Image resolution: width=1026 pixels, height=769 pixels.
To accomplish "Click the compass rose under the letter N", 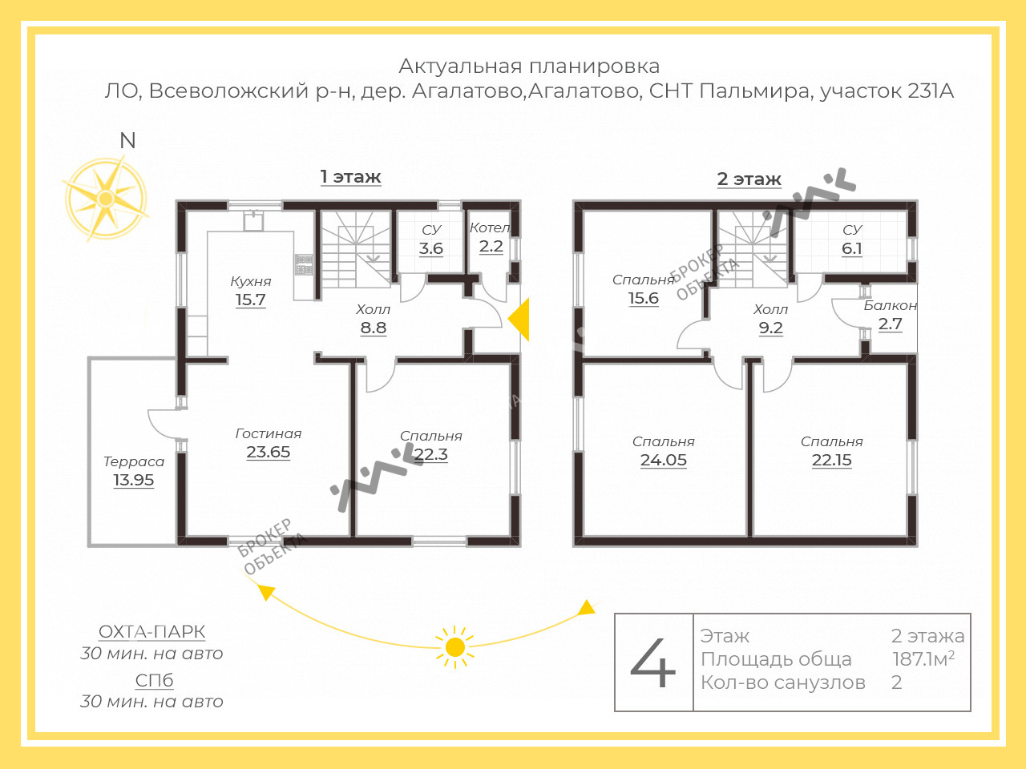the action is coord(106,199).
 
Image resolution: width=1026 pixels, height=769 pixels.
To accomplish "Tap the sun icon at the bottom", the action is coord(454,647).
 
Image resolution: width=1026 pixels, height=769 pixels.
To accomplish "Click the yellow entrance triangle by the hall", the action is coord(519,320).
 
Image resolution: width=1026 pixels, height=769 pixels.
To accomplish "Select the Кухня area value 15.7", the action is coord(251,300).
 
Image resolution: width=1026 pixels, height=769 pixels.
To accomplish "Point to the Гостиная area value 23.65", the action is coord(269,452).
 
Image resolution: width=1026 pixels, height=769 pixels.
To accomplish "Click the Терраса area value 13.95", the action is coord(134,480).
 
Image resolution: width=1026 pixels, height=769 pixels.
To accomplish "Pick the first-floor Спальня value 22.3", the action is coord(431,454).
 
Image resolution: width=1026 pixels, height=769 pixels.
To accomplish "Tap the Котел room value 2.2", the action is coord(491,246).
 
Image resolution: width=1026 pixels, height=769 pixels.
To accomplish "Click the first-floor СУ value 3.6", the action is coord(431,248).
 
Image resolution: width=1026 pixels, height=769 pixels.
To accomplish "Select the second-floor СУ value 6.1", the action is coord(851,248).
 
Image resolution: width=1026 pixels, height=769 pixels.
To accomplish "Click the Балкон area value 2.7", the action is coord(890,324).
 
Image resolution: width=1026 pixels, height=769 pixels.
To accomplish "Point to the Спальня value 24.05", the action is coord(663,460).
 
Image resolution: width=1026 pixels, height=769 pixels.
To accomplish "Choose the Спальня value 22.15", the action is coord(831,460).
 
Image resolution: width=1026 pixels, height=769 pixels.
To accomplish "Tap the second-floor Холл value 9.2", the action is coord(770,328).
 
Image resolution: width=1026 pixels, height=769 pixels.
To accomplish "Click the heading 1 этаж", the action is coord(350,177).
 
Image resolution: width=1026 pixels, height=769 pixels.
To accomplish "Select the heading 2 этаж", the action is coord(749,179).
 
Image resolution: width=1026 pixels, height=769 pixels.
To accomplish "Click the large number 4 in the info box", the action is coord(653,662).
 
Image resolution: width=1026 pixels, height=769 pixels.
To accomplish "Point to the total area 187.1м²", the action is coord(923,658).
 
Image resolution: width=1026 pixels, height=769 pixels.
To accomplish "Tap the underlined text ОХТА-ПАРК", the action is coord(151,632).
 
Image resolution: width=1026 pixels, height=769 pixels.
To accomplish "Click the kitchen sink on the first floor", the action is coord(253,221).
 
